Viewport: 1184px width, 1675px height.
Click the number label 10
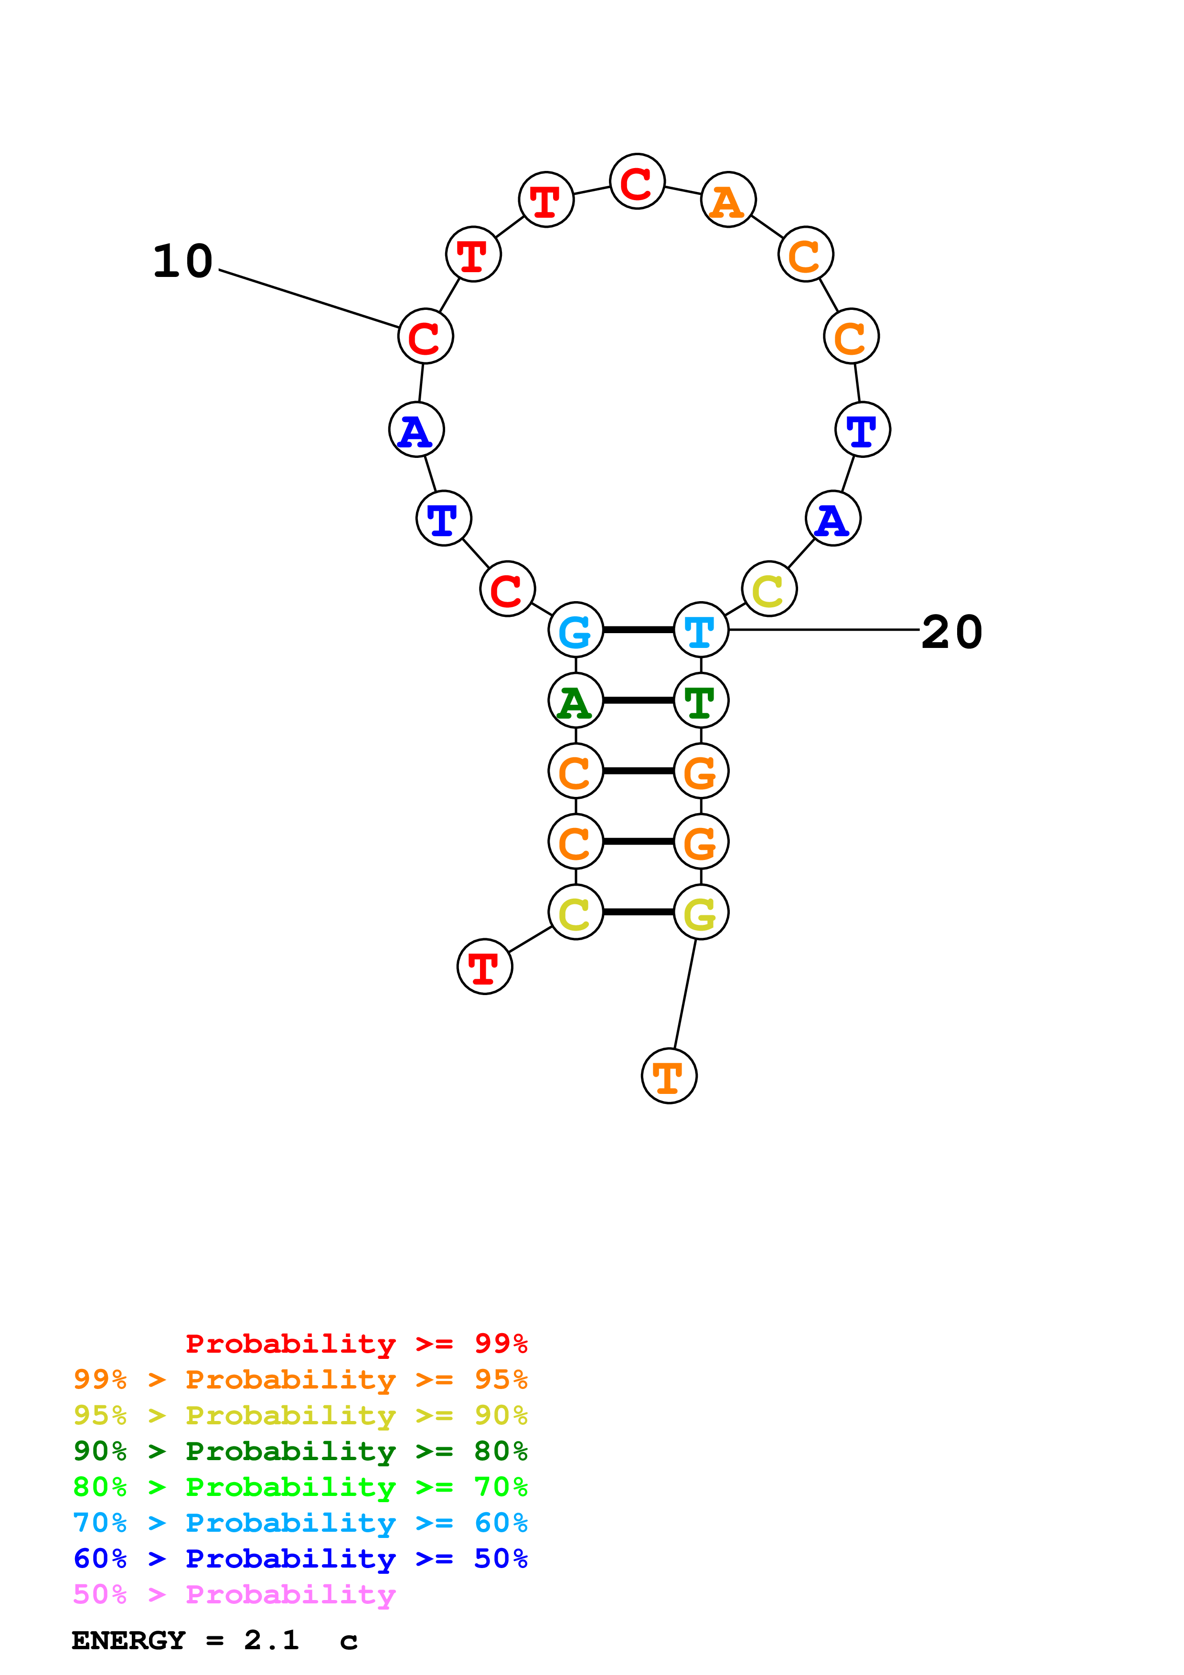[x=182, y=261]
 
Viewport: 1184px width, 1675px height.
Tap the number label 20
[x=951, y=632]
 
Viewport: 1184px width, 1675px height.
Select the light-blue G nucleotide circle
[x=576, y=630]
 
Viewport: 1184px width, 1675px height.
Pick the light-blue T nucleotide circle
[x=700, y=630]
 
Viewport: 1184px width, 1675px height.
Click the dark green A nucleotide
[x=576, y=700]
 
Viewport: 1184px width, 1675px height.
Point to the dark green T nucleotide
[x=700, y=700]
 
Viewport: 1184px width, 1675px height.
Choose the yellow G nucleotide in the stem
[x=700, y=912]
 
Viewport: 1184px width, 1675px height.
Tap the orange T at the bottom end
[x=669, y=1076]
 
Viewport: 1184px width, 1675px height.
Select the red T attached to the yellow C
[x=484, y=966]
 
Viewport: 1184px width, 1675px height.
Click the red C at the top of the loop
[x=637, y=181]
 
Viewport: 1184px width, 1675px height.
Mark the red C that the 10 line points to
[x=425, y=336]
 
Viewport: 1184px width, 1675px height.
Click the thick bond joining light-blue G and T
[x=638, y=630]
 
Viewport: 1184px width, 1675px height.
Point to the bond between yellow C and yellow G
[x=638, y=912]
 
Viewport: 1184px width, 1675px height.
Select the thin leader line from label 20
[x=824, y=630]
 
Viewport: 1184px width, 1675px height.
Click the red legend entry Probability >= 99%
[x=356, y=1343]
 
